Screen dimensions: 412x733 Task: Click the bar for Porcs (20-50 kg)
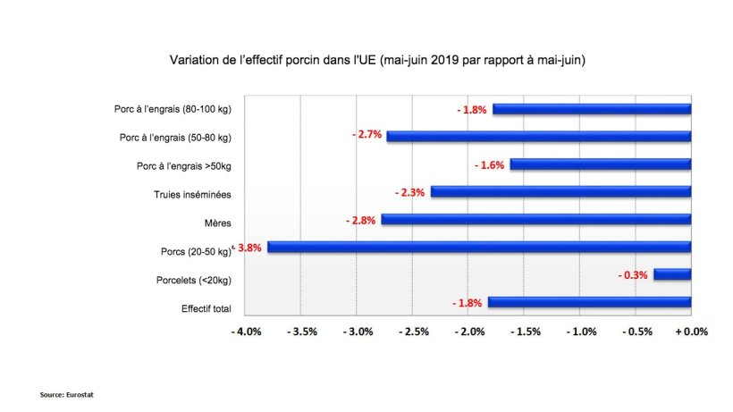coord(479,248)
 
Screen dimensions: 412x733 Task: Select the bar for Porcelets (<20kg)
coord(672,274)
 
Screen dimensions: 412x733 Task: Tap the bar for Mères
coord(536,220)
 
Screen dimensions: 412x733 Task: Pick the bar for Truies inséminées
coord(560,192)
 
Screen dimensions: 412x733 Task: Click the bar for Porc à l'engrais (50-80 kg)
coord(539,137)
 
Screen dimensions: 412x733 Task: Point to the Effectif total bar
coord(589,302)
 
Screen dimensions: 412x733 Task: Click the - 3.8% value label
coord(249,248)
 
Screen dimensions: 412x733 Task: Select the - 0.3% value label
coord(632,275)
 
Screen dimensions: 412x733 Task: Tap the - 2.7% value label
coord(366,135)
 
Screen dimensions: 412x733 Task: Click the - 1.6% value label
coord(489,164)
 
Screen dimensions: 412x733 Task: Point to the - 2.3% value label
coord(409,192)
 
